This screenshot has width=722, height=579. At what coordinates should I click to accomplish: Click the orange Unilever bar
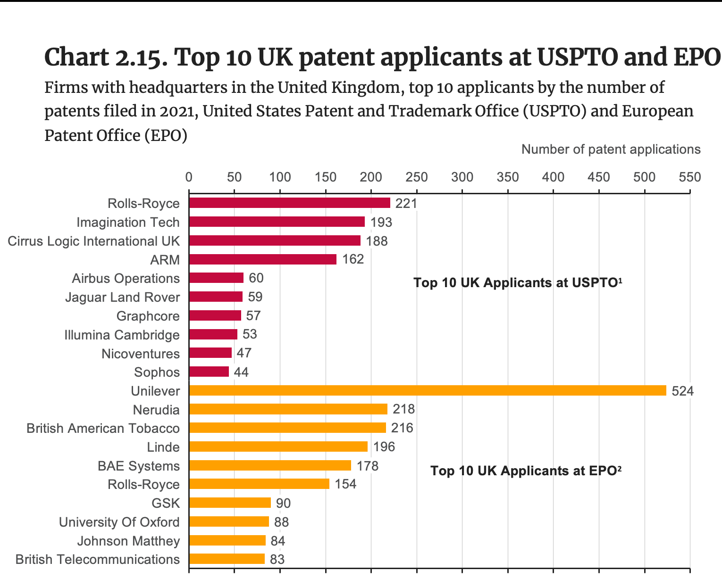(x=427, y=390)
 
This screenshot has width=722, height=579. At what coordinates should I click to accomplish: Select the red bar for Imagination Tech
(x=277, y=222)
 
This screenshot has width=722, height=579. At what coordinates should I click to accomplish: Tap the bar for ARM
(x=262, y=259)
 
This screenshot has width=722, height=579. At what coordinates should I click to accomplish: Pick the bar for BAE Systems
(x=269, y=465)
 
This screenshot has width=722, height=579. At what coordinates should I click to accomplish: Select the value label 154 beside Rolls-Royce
(x=345, y=484)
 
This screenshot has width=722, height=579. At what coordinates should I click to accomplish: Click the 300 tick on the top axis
(x=462, y=177)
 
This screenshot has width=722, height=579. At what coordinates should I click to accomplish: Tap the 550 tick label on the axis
(x=689, y=177)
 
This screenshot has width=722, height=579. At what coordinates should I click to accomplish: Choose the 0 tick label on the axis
(x=189, y=177)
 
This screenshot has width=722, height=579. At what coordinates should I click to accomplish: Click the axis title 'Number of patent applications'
(x=611, y=149)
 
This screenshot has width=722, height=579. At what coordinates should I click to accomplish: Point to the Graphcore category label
(x=148, y=316)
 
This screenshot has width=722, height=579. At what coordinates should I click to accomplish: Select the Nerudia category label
(x=156, y=410)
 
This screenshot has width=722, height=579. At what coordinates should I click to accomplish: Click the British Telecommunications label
(x=97, y=559)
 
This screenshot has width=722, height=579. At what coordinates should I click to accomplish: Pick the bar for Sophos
(x=209, y=372)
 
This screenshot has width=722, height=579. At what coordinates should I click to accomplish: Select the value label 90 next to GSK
(x=283, y=503)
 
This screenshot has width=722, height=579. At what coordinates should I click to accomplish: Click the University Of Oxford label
(x=119, y=522)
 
